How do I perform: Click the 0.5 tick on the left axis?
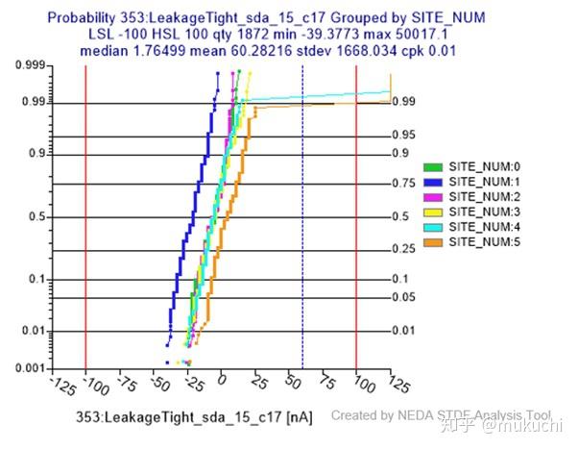point(36,217)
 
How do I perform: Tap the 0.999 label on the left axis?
point(29,66)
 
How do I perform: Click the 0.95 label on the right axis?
point(404,136)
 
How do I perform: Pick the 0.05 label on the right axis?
point(404,297)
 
